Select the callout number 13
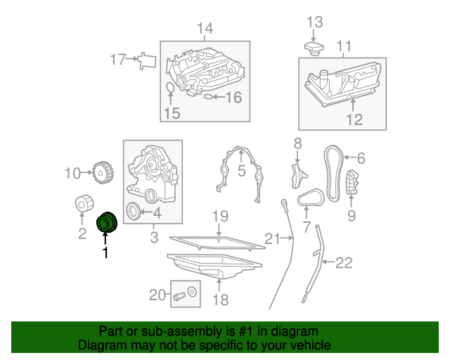click(x=314, y=22)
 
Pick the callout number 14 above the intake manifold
click(x=204, y=29)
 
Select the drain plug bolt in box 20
click(x=179, y=296)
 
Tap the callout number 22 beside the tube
click(x=344, y=264)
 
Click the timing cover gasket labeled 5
click(x=239, y=172)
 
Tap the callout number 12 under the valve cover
click(x=354, y=120)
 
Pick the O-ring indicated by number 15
click(x=169, y=88)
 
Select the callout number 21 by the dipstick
click(x=273, y=239)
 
